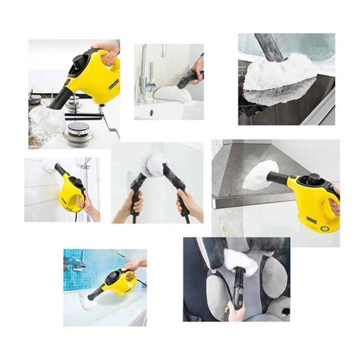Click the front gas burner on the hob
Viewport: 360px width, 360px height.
pos(78,131)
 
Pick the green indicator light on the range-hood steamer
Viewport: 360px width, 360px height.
pos(324,228)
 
